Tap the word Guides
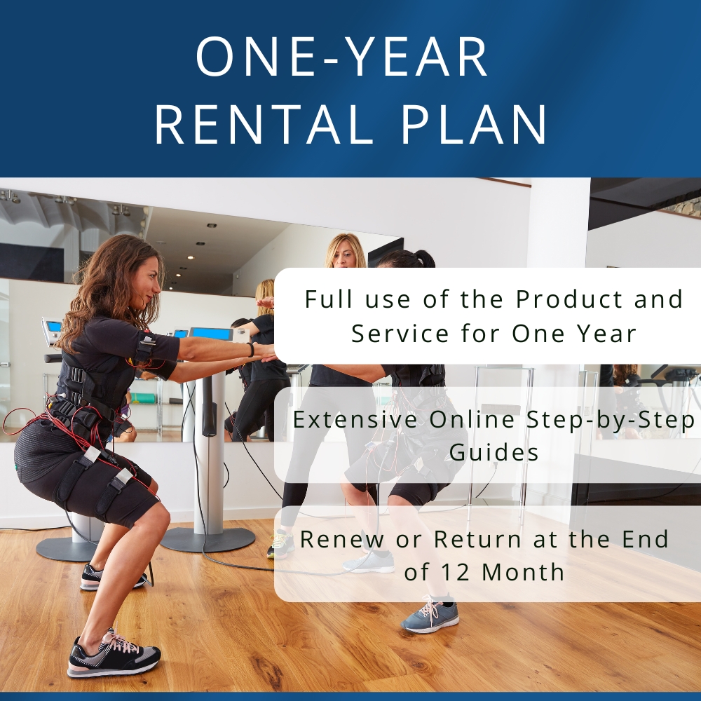coord(494,452)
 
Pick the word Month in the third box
coord(522,571)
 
